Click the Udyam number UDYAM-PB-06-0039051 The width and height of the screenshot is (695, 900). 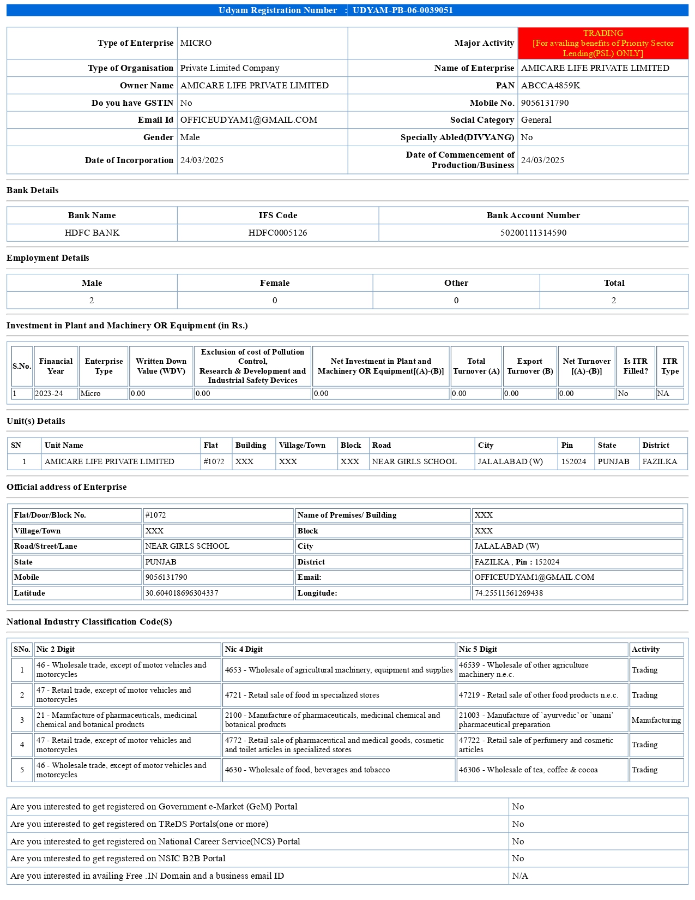[402, 10]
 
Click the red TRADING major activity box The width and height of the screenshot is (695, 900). [603, 43]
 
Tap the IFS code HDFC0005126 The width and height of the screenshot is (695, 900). [277, 233]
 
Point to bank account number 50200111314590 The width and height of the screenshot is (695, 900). [533, 233]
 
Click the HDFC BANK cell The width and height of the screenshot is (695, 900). [92, 233]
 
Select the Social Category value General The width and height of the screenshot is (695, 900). [536, 120]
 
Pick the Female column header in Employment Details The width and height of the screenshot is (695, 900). [275, 283]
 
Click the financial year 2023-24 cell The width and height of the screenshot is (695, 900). [49, 393]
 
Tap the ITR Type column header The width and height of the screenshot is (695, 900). [670, 366]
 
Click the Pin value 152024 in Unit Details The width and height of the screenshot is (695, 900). [574, 461]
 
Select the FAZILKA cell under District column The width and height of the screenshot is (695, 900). [660, 461]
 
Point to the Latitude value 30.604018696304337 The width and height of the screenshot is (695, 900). [182, 593]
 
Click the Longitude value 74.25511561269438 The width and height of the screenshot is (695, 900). [509, 593]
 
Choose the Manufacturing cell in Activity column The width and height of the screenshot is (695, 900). [656, 720]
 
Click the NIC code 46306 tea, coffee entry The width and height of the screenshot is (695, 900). [528, 770]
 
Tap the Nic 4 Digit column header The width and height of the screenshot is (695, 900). [244, 649]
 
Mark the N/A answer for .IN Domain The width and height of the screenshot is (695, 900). [520, 876]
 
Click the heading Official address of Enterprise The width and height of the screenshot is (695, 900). [67, 487]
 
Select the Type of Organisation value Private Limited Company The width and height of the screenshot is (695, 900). [229, 68]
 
